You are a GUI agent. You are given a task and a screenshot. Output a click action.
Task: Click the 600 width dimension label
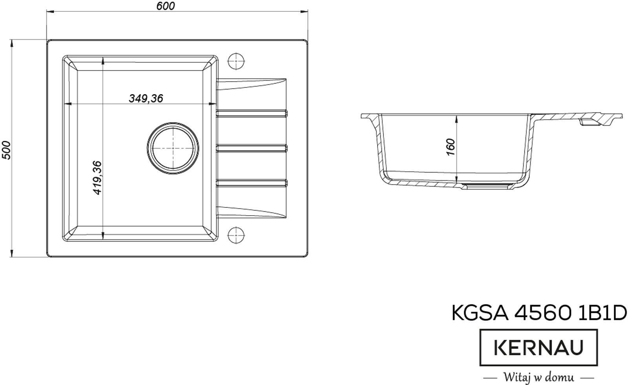165,6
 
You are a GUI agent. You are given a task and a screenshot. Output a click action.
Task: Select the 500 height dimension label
6,151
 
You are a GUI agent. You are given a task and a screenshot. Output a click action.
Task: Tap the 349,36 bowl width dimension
146,98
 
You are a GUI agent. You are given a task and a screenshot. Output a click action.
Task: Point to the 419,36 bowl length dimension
97,178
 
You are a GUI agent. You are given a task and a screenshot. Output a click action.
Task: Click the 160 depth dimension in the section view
450,147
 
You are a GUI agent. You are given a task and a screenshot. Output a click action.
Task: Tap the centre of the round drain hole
173,149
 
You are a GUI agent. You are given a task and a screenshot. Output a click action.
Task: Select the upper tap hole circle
236,61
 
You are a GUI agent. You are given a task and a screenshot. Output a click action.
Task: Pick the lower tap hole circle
236,235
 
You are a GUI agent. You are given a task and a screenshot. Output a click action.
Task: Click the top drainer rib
252,113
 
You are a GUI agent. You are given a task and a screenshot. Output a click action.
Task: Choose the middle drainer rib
252,148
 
